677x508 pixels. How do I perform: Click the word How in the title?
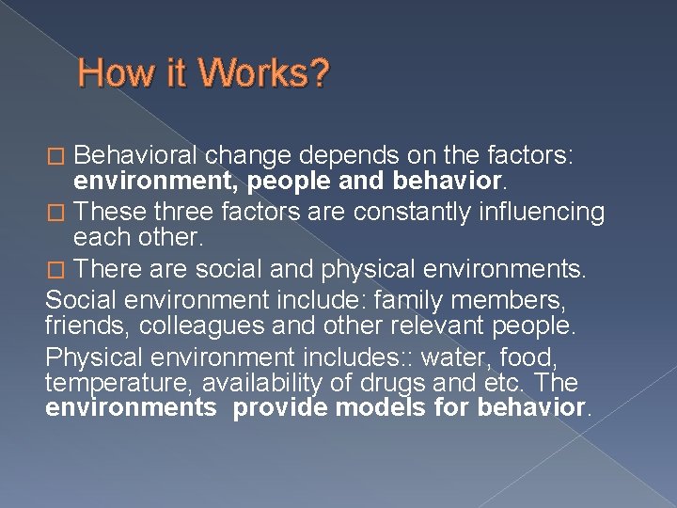pyautogui.click(x=109, y=73)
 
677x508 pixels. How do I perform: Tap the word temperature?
pyautogui.click(x=104, y=384)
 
